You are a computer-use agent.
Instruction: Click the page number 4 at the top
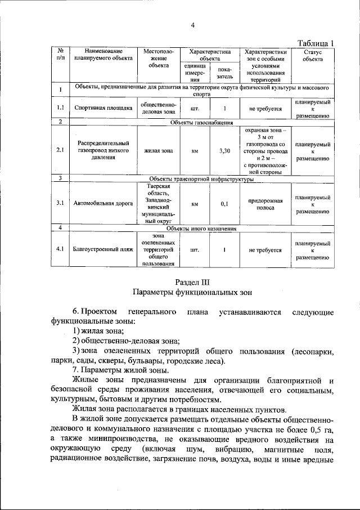coord(193,25)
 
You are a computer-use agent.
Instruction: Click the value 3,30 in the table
coord(224,151)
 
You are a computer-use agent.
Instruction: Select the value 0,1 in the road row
coord(224,204)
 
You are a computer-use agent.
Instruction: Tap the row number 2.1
coord(60,151)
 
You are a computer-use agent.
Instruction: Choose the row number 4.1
coord(60,249)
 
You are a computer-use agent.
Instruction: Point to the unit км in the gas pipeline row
coord(195,151)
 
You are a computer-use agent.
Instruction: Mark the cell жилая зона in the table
coord(158,151)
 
